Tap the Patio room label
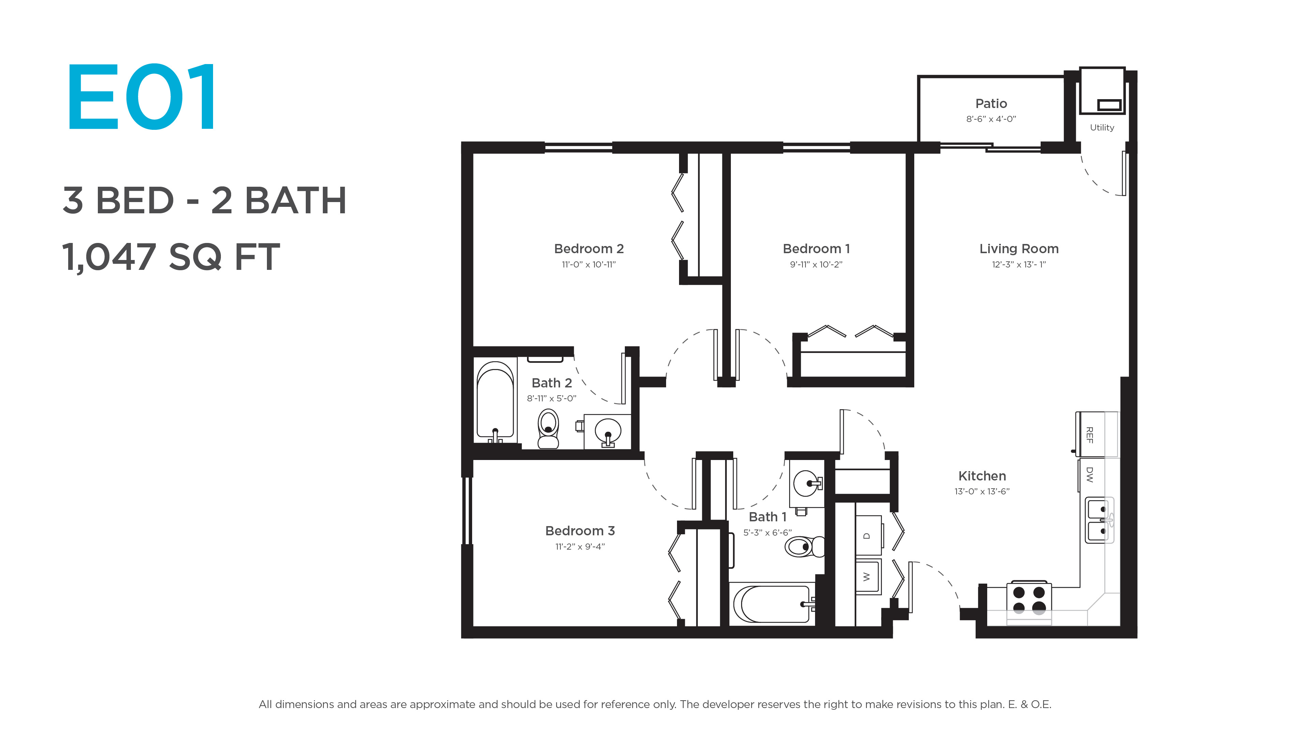pyautogui.click(x=991, y=104)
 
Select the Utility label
pyautogui.click(x=1102, y=127)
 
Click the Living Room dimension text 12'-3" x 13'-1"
pyautogui.click(x=1019, y=264)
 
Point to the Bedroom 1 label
pyautogui.click(x=816, y=249)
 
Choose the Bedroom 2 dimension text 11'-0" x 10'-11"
pyautogui.click(x=588, y=264)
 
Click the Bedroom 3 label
pyautogui.click(x=580, y=531)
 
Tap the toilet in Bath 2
pyautogui.click(x=548, y=429)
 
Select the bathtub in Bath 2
pyautogui.click(x=495, y=402)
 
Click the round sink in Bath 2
pyautogui.click(x=608, y=431)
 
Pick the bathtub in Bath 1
pyautogui.click(x=772, y=604)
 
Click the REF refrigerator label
pyautogui.click(x=1089, y=435)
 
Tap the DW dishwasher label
pyautogui.click(x=1089, y=474)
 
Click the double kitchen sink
pyautogui.click(x=1099, y=520)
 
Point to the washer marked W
pyautogui.click(x=868, y=577)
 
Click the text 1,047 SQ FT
pyautogui.click(x=171, y=257)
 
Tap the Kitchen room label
pyautogui.click(x=982, y=476)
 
